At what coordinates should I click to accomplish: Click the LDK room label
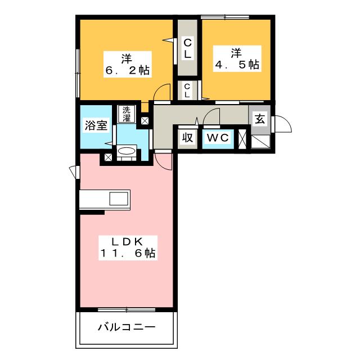point(126,241)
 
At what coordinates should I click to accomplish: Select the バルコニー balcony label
point(126,327)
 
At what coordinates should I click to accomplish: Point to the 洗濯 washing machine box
point(127,114)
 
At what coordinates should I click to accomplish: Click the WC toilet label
point(217,138)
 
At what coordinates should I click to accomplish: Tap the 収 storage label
point(187,138)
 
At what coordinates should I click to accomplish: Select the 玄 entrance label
point(259,119)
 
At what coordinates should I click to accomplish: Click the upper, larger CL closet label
point(187,48)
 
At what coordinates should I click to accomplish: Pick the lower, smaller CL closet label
point(187,90)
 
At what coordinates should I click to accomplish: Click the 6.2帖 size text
point(126,71)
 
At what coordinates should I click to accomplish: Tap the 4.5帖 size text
point(237,65)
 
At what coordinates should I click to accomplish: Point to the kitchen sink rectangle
point(119,199)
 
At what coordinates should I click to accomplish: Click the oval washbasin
point(125,151)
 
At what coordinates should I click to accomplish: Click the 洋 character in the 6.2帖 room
point(126,57)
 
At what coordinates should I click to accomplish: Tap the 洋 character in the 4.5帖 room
point(236,53)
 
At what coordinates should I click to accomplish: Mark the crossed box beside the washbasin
point(107,158)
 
